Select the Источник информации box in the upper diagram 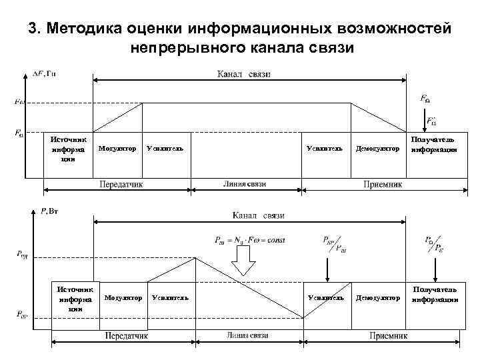pos(67,149)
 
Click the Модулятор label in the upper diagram pos(117,148)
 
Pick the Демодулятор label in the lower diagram pos(378,297)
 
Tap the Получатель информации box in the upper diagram pos(434,145)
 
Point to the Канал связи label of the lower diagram pos(258,215)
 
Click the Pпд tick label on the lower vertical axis pos(22,254)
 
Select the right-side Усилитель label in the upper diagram pos(325,148)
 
